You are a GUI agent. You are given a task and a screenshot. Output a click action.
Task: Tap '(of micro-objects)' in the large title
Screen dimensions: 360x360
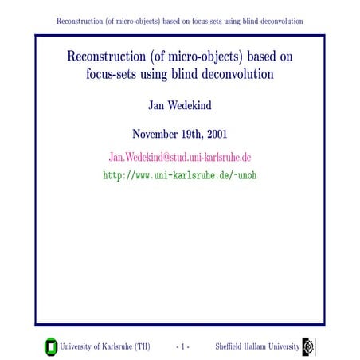pos(201,60)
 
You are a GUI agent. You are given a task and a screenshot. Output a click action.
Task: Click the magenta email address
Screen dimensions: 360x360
pos(179,156)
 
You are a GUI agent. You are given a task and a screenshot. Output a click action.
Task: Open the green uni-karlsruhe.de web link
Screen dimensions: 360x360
pos(179,174)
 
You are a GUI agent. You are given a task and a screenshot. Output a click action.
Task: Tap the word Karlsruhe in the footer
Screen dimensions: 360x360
pos(118,346)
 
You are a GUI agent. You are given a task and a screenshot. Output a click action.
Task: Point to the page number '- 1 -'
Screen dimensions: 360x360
pos(182,346)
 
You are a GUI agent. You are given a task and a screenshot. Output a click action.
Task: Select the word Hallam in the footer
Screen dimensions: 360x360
pos(265,346)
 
